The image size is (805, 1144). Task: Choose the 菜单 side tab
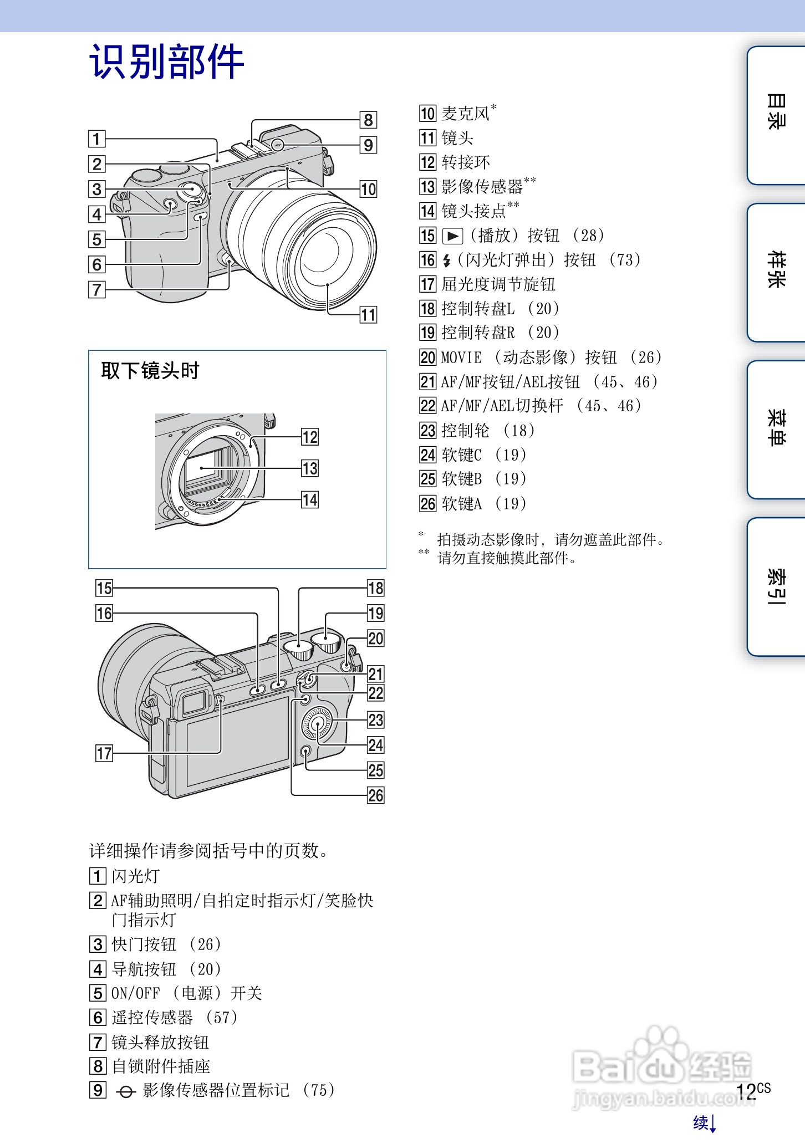click(776, 428)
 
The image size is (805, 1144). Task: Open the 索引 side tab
click(776, 585)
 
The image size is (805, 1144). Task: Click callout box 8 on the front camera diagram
click(368, 120)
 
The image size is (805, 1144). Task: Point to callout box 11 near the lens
click(368, 315)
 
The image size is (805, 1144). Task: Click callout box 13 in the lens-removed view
click(310, 468)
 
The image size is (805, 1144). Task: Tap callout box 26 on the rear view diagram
click(375, 795)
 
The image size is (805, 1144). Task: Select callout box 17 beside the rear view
click(104, 753)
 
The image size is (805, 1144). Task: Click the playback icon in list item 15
click(452, 236)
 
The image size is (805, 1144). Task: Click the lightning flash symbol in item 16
click(447, 260)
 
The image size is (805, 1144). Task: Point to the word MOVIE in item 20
click(461, 357)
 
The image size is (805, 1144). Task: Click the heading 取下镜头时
click(150, 370)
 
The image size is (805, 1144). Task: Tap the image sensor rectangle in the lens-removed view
click(204, 468)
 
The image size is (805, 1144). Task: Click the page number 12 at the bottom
click(746, 1091)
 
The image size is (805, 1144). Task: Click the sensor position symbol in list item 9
click(126, 1091)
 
